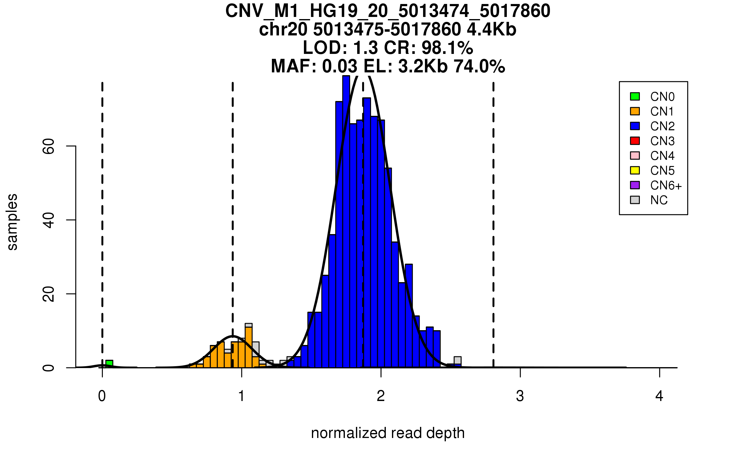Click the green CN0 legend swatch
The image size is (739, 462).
click(x=635, y=96)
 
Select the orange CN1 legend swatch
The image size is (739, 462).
click(x=635, y=111)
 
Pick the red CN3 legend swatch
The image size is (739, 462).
click(x=635, y=141)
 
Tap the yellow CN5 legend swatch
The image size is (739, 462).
click(x=635, y=170)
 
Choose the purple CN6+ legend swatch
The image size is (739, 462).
click(x=635, y=185)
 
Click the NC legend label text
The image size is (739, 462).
click(x=659, y=200)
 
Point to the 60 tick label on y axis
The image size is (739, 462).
click(x=49, y=146)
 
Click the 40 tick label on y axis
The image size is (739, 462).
click(x=49, y=220)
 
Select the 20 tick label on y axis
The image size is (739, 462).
click(x=49, y=294)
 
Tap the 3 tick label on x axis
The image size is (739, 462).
click(x=520, y=396)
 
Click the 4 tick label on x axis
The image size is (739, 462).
click(x=659, y=396)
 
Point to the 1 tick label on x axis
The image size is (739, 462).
click(x=242, y=396)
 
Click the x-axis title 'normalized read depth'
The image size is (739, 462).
click(x=388, y=433)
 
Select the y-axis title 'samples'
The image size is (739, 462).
click(x=12, y=222)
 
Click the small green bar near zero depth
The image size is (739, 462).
click(x=109, y=364)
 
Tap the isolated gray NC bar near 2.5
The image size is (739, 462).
click(x=458, y=360)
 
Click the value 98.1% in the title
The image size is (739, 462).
click(x=447, y=48)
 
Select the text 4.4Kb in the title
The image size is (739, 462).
click(x=491, y=30)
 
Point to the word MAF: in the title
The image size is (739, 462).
click(x=294, y=66)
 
